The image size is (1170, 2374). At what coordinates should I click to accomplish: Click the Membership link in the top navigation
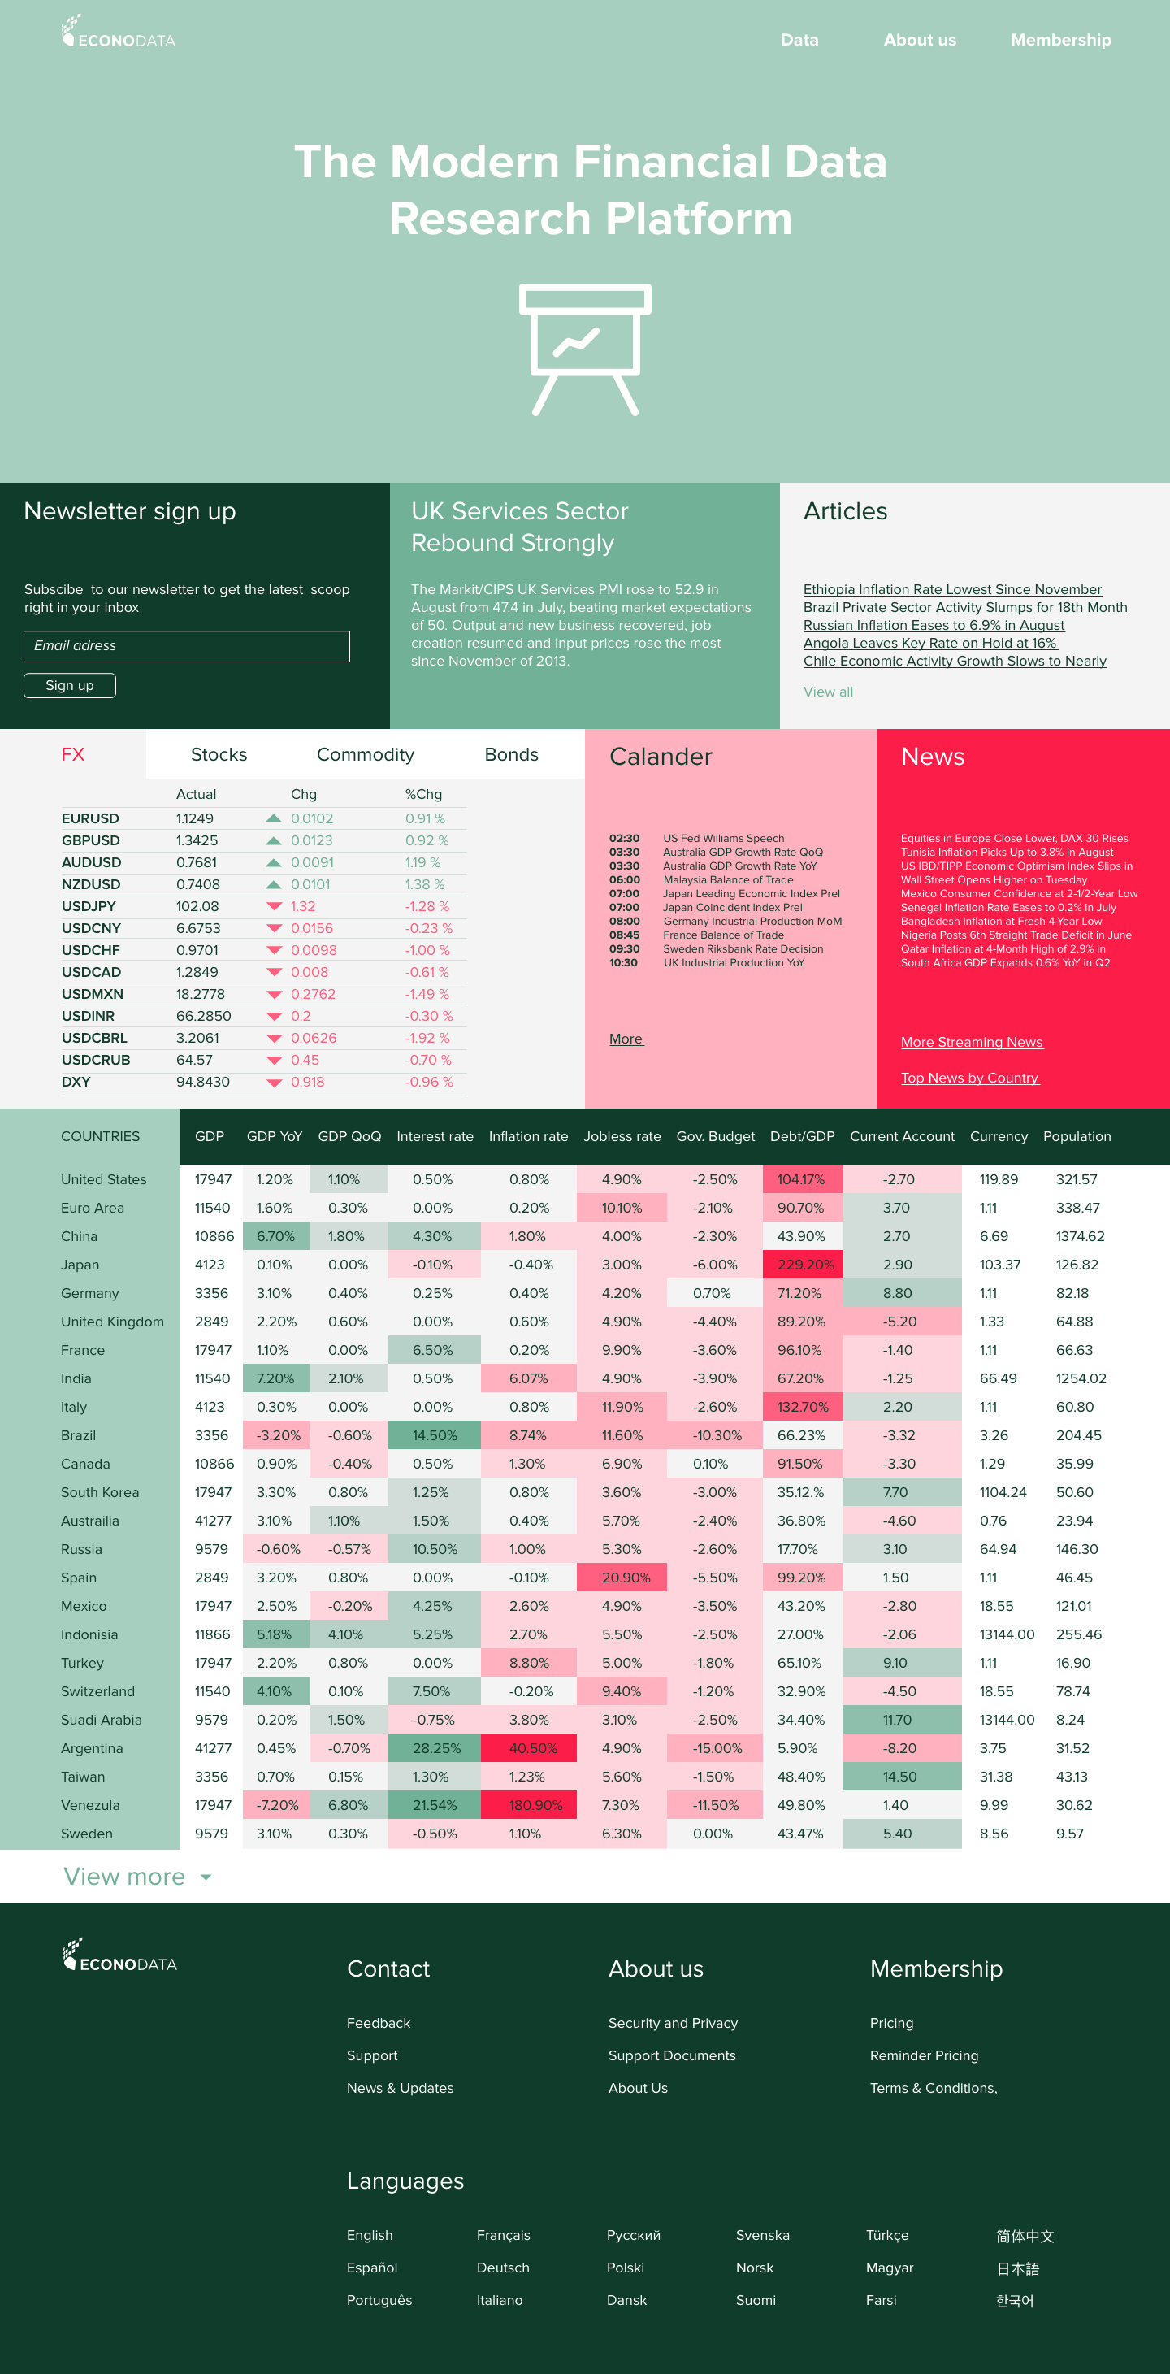[x=1060, y=41]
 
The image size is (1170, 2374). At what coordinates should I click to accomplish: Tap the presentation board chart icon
[x=585, y=349]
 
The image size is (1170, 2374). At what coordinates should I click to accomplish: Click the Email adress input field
[x=186, y=646]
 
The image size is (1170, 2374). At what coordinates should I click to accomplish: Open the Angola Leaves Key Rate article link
[x=929, y=643]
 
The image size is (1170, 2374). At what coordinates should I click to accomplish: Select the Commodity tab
[x=365, y=755]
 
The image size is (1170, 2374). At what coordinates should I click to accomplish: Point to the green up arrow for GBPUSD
[x=274, y=840]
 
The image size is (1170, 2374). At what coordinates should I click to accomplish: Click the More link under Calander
[x=626, y=1039]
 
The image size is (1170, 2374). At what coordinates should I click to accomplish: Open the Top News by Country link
[x=969, y=1078]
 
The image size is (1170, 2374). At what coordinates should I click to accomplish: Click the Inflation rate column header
[x=528, y=1136]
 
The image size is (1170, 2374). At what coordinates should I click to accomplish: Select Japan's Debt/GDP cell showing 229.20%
[x=804, y=1265]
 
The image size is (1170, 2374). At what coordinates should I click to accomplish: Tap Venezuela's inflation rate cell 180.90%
[x=535, y=1805]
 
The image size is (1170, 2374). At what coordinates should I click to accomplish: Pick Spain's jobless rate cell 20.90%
[x=626, y=1578]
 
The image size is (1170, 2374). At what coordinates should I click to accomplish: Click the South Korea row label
[x=99, y=1492]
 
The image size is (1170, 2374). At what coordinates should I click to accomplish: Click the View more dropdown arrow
[x=206, y=1877]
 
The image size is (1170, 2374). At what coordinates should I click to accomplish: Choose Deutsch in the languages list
[x=503, y=2268]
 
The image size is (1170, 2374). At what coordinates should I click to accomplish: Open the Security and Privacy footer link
[x=673, y=2023]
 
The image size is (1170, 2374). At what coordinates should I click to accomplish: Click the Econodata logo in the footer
[x=119, y=1955]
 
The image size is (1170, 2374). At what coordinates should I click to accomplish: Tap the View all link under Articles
[x=827, y=692]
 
